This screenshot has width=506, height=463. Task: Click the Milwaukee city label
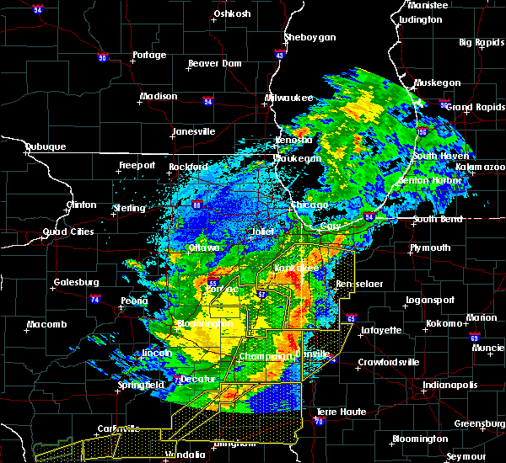tap(288, 98)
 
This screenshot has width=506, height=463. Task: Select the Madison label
tap(159, 96)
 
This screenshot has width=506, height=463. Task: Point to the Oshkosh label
tap(233, 13)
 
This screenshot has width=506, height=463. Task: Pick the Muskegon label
tap(438, 82)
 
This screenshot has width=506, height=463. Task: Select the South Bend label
tap(438, 220)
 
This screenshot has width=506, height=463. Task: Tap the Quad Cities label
tap(69, 231)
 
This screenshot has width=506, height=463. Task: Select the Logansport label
tap(430, 299)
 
